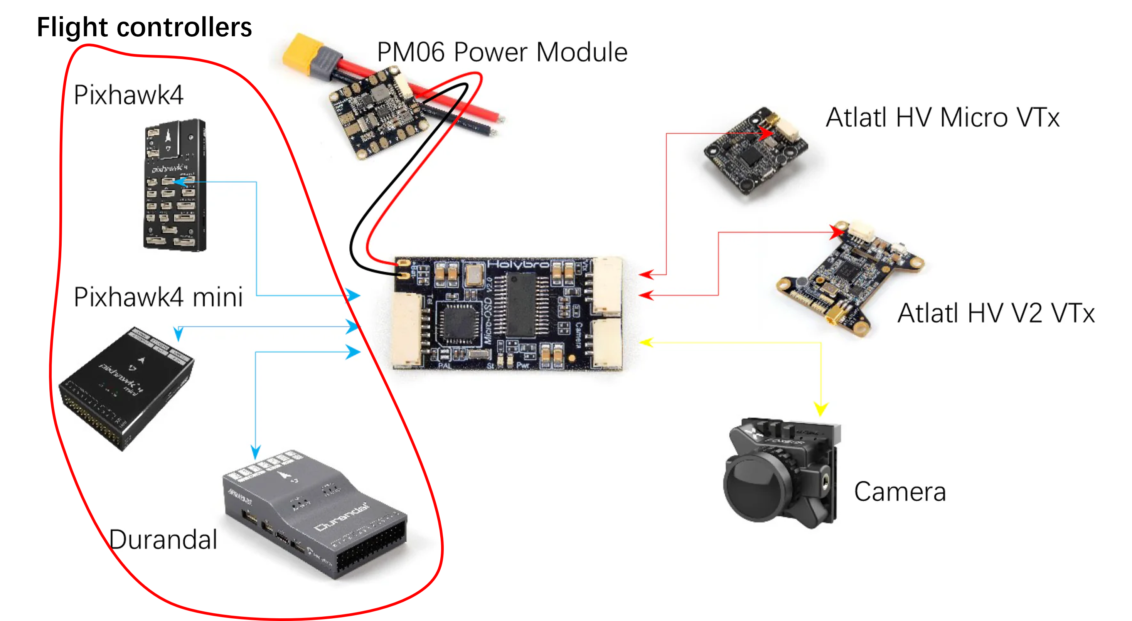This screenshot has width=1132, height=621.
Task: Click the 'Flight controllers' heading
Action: [144, 27]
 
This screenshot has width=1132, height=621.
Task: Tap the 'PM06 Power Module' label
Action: [502, 52]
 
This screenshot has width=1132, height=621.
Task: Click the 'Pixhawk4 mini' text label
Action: [158, 297]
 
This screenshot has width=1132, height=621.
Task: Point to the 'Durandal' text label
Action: [163, 539]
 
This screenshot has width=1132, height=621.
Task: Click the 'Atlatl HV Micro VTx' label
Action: [942, 118]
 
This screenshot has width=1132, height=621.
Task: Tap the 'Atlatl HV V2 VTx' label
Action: [996, 313]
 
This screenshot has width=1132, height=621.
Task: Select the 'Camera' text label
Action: [900, 491]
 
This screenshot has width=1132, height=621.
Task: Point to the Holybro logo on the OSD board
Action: [518, 264]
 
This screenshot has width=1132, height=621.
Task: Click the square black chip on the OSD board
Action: [460, 323]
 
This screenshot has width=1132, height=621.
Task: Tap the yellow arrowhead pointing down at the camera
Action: [820, 409]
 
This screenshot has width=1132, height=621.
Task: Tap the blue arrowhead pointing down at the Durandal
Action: [256, 452]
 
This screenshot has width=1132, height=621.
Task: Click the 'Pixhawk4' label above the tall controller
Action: [128, 95]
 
